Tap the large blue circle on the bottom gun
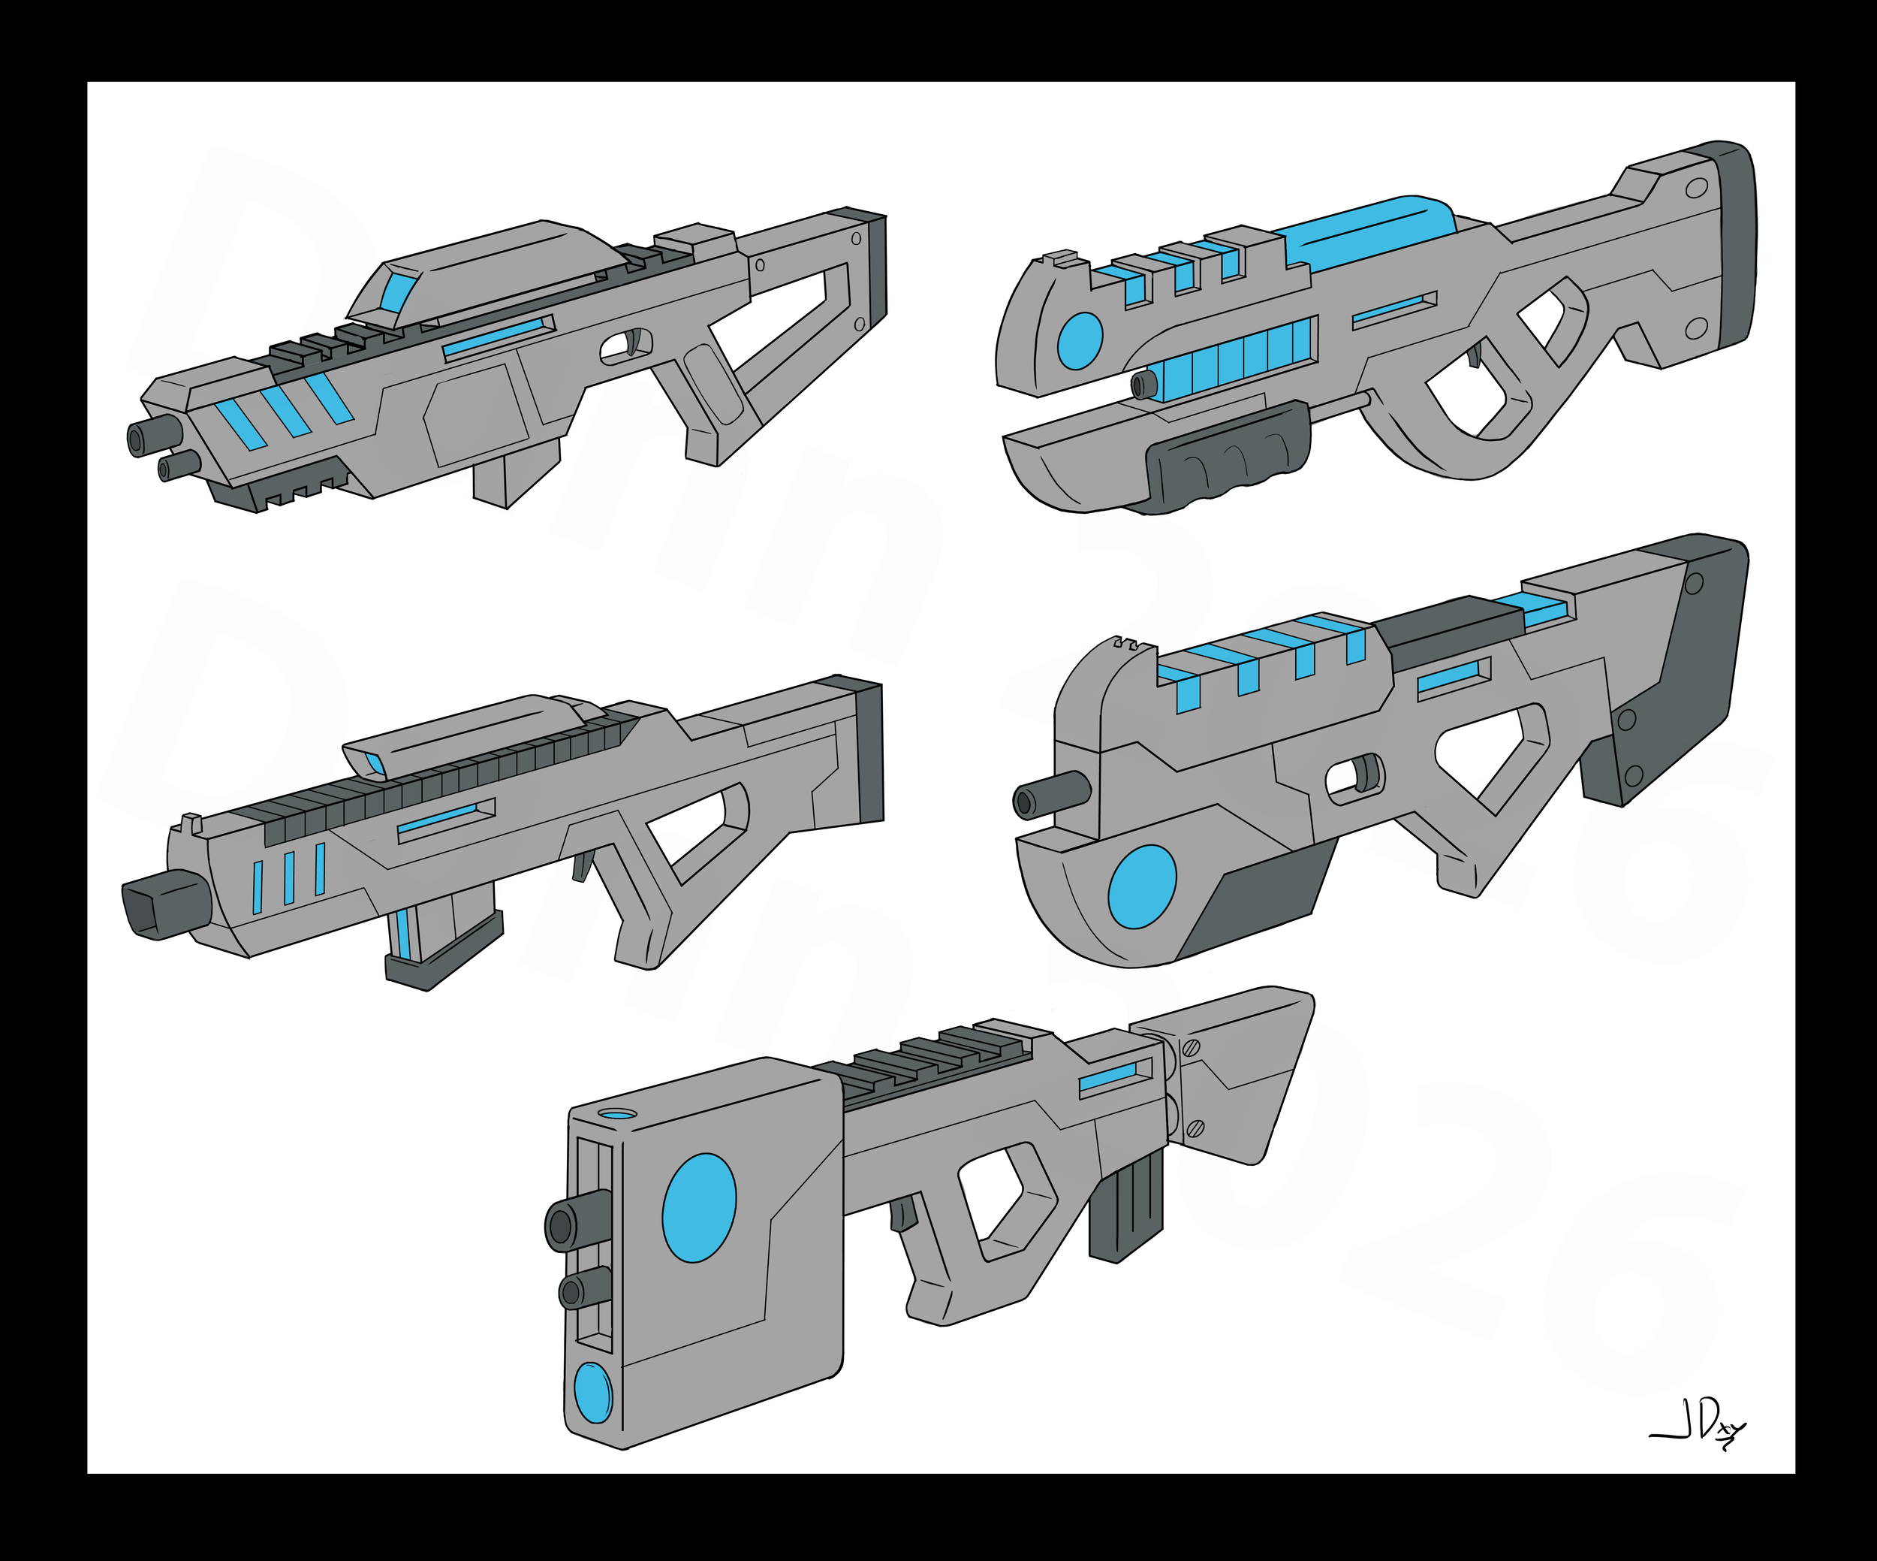point(699,1207)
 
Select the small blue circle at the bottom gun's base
point(592,1392)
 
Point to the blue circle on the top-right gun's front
point(1080,340)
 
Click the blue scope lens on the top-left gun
point(393,291)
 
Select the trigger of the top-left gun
point(637,343)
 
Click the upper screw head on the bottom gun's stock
point(1191,1048)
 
